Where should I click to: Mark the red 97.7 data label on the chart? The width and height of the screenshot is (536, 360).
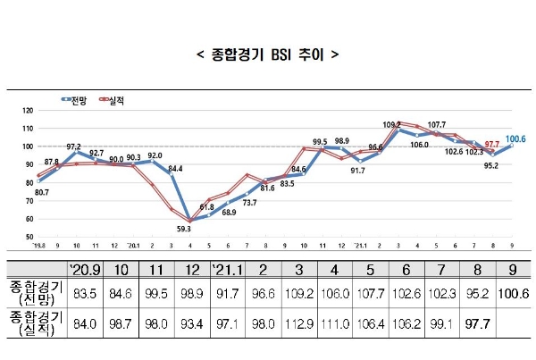[x=492, y=144]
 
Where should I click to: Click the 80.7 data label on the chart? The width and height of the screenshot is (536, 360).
[x=41, y=191]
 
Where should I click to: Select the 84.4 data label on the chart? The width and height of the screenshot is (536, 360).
[x=176, y=168]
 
